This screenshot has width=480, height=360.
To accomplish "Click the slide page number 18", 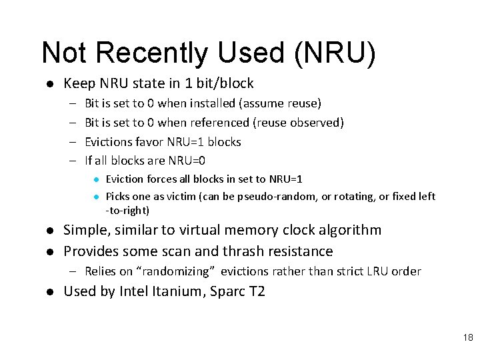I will tap(467, 338).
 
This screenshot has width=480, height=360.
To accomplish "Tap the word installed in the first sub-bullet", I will tap(212, 103).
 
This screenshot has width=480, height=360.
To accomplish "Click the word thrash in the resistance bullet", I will tap(243, 251).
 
